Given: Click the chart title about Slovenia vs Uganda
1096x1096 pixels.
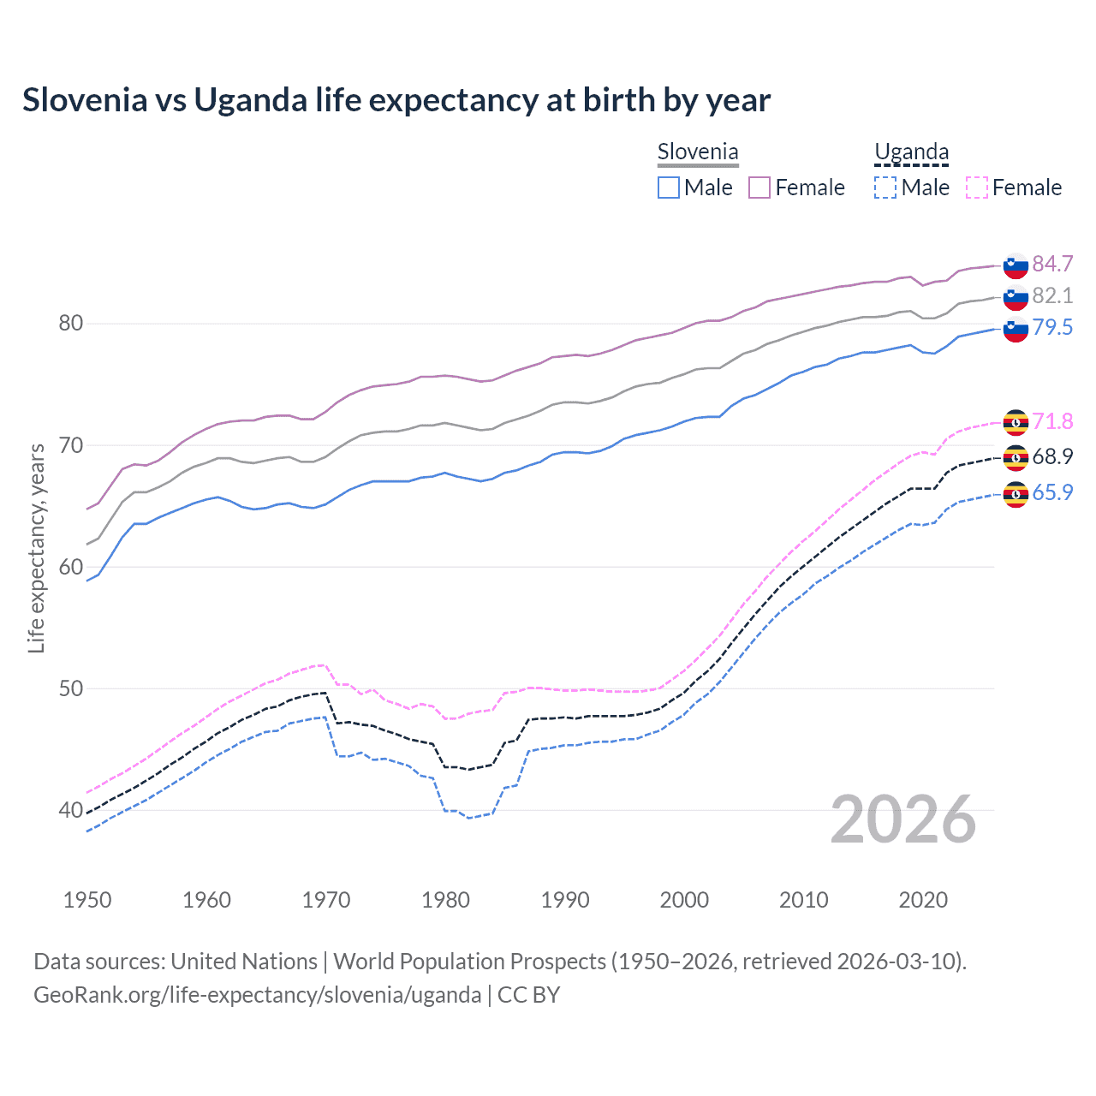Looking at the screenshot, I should tap(396, 100).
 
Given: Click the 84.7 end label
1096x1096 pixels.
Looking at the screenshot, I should tap(1052, 264).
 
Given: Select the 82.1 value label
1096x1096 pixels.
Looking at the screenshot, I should tap(1052, 295).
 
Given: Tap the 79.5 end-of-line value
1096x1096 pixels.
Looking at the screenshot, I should tap(1052, 327).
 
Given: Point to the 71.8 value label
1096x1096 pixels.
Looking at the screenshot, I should tap(1052, 421).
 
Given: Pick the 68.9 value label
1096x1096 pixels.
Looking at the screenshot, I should tap(1052, 456).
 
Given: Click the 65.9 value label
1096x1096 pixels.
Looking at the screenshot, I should tap(1052, 492).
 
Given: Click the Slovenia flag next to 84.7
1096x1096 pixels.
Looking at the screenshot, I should tap(1016, 266).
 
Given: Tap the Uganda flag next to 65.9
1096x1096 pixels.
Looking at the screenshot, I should tap(1016, 495).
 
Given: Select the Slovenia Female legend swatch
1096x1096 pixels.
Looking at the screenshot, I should tap(759, 188).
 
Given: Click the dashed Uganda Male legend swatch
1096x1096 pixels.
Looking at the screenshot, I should tap(885, 188).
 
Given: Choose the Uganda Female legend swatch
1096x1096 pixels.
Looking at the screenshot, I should tap(976, 188).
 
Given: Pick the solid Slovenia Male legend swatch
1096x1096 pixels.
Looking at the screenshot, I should tap(669, 188).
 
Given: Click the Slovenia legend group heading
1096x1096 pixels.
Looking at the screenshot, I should tap(698, 152).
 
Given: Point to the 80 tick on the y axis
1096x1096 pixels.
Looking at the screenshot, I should tap(71, 324).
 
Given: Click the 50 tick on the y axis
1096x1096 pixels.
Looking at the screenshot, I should tap(71, 688).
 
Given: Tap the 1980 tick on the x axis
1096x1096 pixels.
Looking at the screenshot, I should tap(445, 900).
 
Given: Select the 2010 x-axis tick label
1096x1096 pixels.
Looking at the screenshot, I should tap(803, 900).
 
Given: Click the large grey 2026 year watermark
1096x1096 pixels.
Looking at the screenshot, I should tap(903, 819).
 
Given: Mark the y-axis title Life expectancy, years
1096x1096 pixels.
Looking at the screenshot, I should tap(37, 548).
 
